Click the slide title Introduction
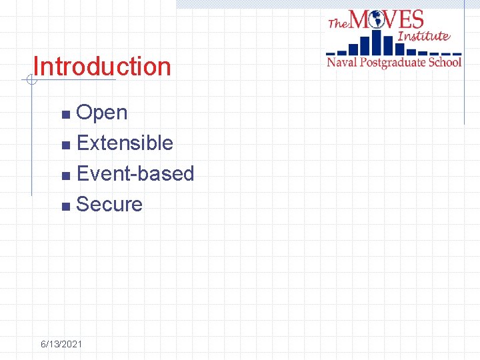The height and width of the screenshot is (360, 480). point(102,67)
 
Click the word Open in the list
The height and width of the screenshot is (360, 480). point(102,113)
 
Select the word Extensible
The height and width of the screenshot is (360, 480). point(125,143)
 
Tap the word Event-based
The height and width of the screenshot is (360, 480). point(135,174)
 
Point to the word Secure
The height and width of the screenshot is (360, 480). point(109,205)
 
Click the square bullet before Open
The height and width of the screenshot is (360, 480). point(65,114)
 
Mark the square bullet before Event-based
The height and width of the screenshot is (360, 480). point(65,175)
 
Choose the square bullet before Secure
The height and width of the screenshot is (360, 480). point(65,206)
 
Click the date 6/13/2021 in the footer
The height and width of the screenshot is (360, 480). point(61,344)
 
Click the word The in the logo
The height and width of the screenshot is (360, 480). point(338,23)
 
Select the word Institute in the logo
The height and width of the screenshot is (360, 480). point(424,36)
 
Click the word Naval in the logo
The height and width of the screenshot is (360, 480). point(342,62)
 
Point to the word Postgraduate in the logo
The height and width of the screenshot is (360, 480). point(393,62)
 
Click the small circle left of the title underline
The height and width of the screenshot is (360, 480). point(30,81)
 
